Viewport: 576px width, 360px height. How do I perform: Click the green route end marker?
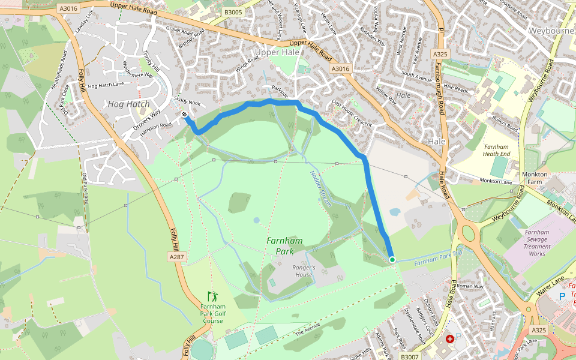coord(392,260)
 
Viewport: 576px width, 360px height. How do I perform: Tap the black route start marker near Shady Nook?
coord(184,114)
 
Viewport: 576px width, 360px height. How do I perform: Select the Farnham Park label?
coord(284,246)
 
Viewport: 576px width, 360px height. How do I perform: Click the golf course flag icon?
coord(212,296)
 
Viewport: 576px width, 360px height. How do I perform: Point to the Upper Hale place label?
coord(277,53)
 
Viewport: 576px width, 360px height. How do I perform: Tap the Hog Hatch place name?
coord(128,104)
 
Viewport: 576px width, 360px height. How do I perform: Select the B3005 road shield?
coord(233,11)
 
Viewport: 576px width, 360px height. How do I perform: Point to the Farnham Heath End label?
coord(496,149)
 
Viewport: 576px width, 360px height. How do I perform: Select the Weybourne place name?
coord(551,30)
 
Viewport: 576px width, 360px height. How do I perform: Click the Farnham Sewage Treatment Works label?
coord(537,242)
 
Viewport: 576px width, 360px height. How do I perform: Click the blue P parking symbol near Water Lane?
coord(562,296)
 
